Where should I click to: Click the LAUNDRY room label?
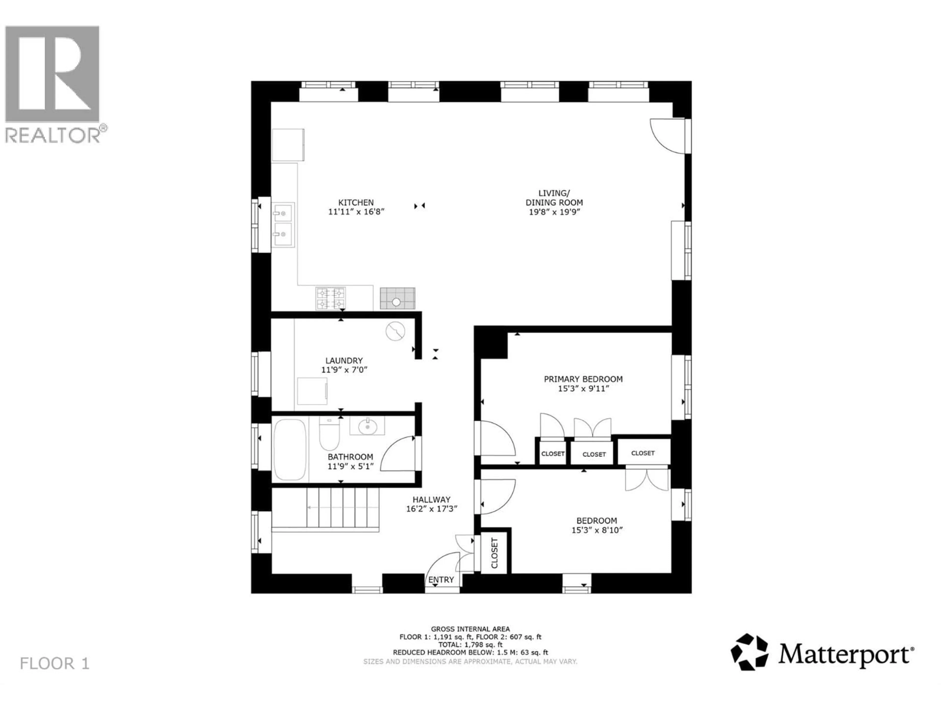pos(344,360)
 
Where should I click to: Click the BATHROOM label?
pos(350,457)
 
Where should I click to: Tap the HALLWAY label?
pos(431,500)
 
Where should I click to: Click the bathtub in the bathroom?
pos(290,450)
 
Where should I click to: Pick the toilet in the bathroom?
pos(329,434)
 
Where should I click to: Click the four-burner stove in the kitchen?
pos(330,298)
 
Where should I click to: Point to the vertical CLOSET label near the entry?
pos(494,553)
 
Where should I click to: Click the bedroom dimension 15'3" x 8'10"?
pos(597,530)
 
